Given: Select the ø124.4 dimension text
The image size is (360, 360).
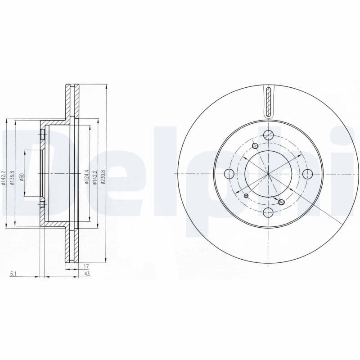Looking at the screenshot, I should (85, 177).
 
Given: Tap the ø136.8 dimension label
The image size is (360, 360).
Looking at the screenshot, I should (13, 176).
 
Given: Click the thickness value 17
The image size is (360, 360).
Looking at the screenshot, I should (85, 266).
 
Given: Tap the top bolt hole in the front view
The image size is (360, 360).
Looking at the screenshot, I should (269, 134).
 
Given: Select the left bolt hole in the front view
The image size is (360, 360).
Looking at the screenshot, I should (229, 174).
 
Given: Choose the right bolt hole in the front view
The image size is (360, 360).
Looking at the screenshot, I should (308, 174).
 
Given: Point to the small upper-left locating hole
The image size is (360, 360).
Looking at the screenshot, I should (256, 145).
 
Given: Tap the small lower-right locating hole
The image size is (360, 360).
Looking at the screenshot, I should (282, 202).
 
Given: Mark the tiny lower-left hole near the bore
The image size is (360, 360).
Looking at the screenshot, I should (246, 196).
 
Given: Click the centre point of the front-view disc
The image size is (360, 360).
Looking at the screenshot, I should (268, 174).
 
